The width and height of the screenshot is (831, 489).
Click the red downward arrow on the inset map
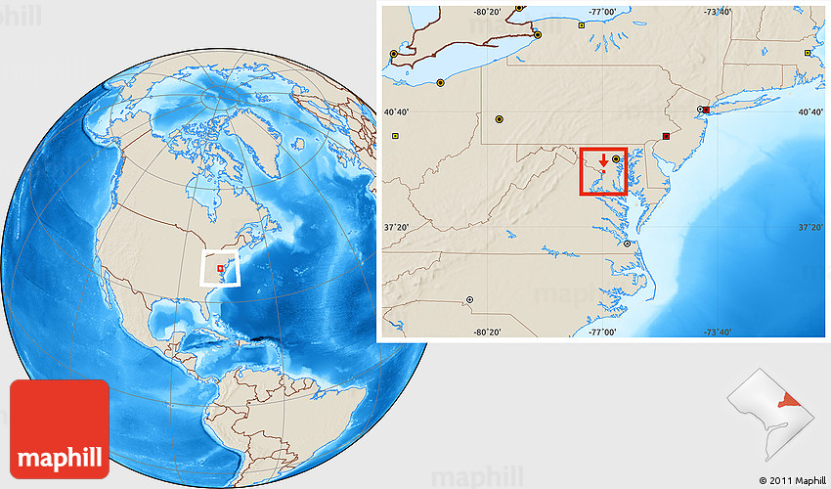tap(603, 160)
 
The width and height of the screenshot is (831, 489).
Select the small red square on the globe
tap(220, 268)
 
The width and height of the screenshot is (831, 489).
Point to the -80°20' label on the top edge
tap(488, 12)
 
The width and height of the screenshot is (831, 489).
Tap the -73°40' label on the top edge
tap(718, 12)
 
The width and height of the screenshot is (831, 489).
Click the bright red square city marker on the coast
tap(706, 110)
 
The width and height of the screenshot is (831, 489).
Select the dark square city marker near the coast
tap(667, 136)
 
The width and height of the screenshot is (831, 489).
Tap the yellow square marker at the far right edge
tap(808, 53)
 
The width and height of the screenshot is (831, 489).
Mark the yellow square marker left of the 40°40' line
tap(396, 136)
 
